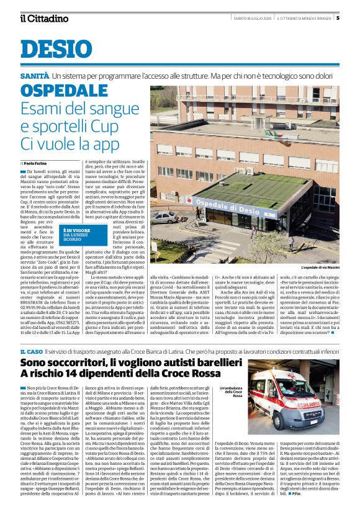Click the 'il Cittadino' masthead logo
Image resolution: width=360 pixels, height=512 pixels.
[x=44, y=18]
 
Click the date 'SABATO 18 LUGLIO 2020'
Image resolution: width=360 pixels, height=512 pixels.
[x=251, y=18]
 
